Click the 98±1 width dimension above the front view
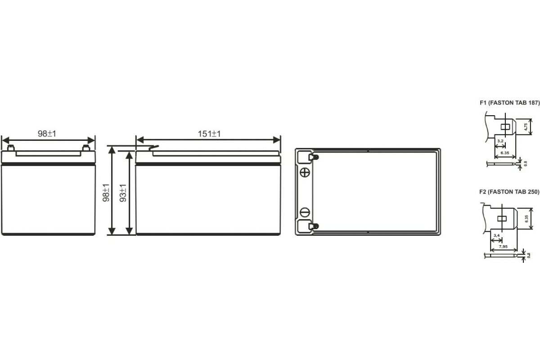coord(47,134)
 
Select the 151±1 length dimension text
coord(209,134)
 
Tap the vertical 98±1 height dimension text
coord(107,192)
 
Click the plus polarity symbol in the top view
coord(305,173)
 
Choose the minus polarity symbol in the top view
coord(305,211)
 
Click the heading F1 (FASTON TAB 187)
coord(509,103)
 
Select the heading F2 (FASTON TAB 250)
coord(509,192)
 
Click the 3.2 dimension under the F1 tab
coord(500,141)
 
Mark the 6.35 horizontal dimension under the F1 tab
coord(504,153)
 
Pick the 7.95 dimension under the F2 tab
coord(504,246)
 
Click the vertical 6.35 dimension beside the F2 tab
coord(527,219)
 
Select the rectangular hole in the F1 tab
coord(504,126)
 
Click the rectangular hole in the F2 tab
coord(501,219)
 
